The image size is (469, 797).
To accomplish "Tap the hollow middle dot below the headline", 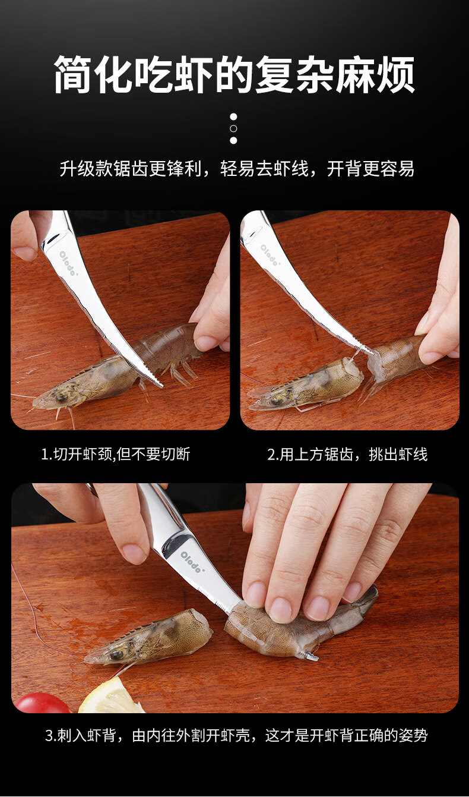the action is [x=233, y=128].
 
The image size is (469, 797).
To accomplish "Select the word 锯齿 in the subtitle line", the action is [x=131, y=169].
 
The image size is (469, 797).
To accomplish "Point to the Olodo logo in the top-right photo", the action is [x=270, y=255].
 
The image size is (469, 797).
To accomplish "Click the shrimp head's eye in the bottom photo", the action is [x=116, y=653].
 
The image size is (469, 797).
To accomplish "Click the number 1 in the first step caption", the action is [x=44, y=454].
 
